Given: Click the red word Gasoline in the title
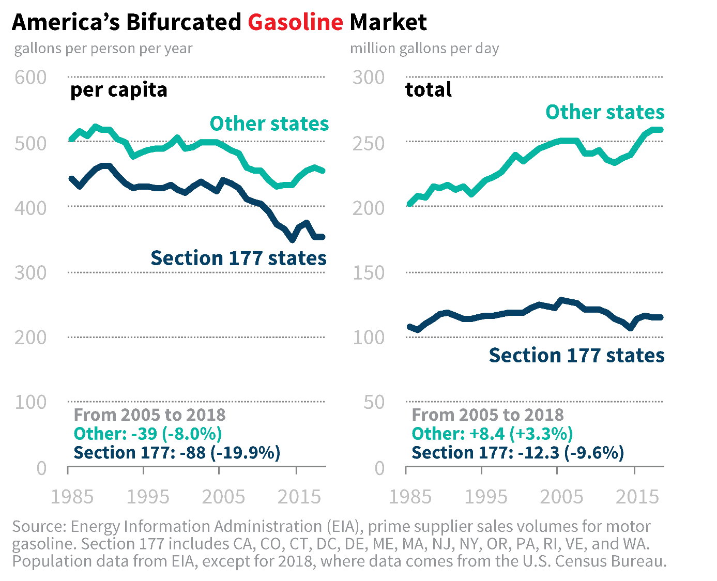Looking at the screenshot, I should pos(295,22).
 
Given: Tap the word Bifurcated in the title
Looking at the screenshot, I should pos(184,22).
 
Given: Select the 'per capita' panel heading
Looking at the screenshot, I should pos(119,90).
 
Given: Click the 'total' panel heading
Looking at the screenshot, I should pos(428,90).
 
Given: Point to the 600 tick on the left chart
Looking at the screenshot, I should pos(30,78).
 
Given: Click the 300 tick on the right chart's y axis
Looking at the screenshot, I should pos(369,78).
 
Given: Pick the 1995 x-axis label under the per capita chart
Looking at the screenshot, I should pos(148,497).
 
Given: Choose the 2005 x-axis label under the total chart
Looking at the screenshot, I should pos(561,497).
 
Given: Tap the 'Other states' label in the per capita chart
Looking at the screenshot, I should pos(269,124).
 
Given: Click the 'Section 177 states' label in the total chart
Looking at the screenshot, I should pos(576,356).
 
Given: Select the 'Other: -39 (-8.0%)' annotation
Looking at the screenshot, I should pos(148,434).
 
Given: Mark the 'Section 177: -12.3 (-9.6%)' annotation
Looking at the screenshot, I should pos(517,453).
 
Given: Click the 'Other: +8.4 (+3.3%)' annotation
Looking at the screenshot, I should pos(492,434).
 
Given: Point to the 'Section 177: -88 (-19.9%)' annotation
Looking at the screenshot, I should pos(177,453).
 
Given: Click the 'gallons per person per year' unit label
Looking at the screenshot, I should pos(103,49).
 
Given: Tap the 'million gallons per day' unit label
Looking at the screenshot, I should pos(424,49).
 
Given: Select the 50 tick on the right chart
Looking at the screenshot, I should pos(374,402).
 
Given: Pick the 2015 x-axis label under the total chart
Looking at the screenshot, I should pos(637,497).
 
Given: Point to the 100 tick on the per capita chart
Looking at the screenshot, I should pos(30,402).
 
